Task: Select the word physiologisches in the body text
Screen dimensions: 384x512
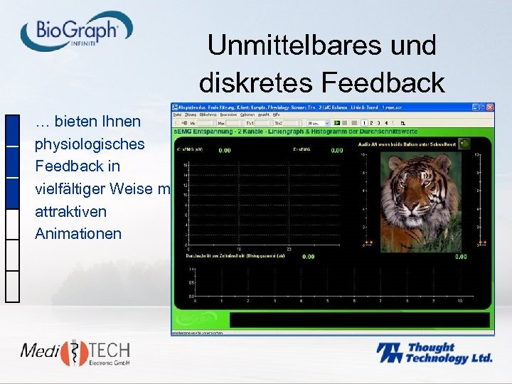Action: point(90,144)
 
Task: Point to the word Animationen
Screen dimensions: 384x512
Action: point(78,234)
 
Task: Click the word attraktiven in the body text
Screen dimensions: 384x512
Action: point(70,211)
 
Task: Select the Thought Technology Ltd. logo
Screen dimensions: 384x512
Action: point(434,353)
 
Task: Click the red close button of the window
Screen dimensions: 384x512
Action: point(490,107)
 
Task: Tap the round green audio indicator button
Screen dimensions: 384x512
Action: point(464,143)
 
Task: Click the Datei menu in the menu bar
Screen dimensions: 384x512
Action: point(177,114)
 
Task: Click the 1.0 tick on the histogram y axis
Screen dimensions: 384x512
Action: point(191,270)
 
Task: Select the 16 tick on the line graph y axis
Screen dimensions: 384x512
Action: point(186,165)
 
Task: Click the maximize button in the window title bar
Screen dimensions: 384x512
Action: point(482,107)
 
